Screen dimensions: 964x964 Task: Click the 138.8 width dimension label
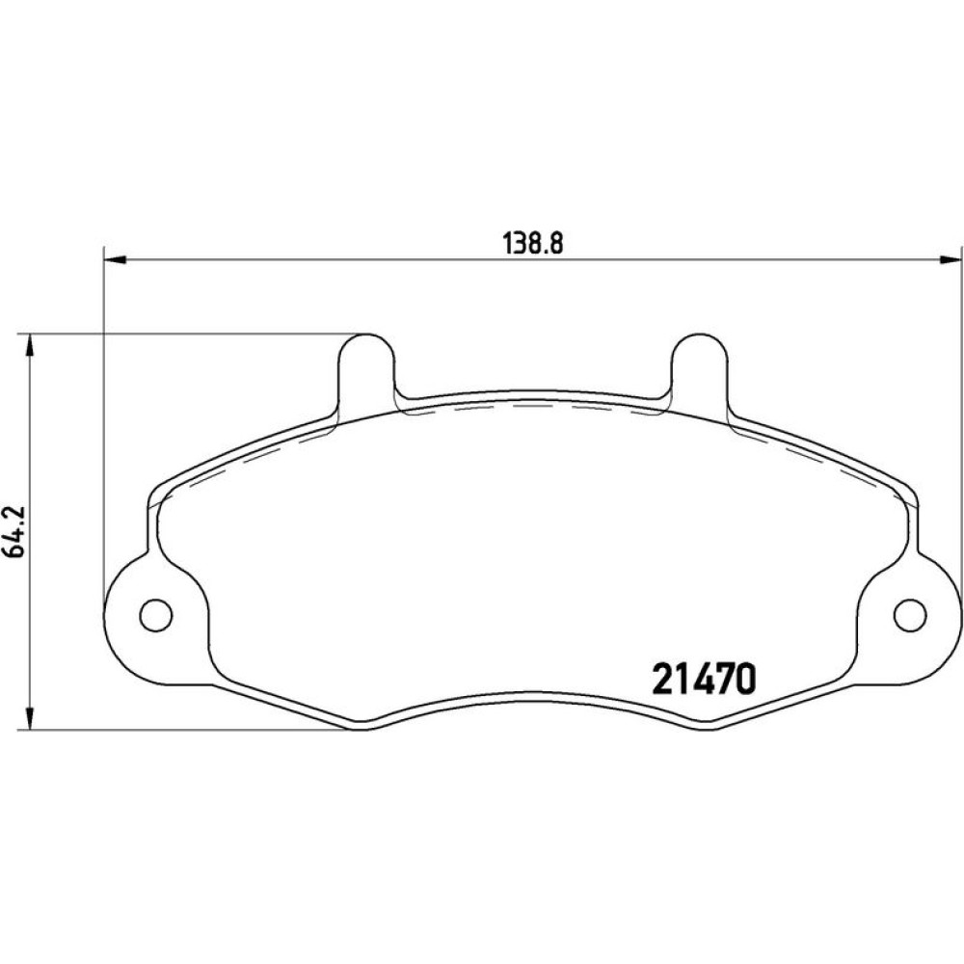(533, 244)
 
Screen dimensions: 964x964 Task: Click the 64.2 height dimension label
(14, 531)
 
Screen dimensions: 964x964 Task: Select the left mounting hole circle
(155, 615)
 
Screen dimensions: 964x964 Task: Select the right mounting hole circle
(910, 615)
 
